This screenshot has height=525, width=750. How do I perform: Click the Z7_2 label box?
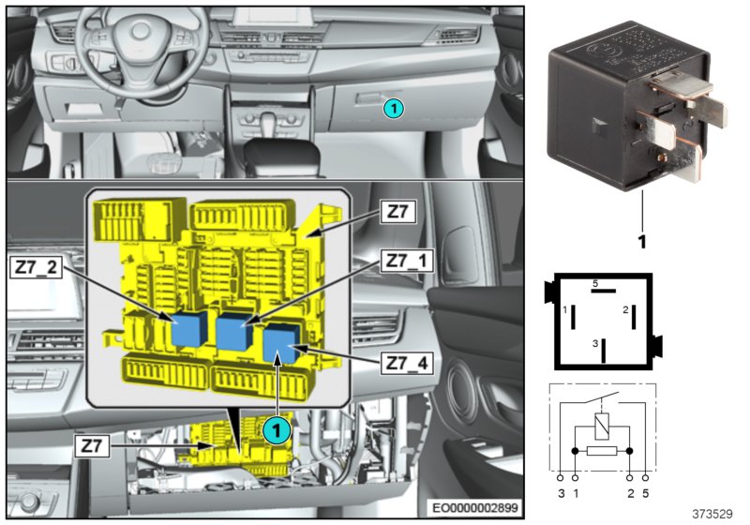point(36,267)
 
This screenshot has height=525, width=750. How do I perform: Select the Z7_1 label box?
point(407,261)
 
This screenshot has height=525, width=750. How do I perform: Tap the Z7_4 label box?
point(407,364)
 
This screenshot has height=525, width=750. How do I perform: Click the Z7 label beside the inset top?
point(397,211)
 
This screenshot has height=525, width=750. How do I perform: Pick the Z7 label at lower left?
point(92,446)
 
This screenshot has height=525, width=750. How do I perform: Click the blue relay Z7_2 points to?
point(189,327)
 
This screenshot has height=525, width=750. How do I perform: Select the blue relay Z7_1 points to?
point(234,331)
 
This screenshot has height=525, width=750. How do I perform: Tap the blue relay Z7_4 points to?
point(281,342)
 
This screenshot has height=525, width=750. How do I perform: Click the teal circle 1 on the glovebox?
point(394,109)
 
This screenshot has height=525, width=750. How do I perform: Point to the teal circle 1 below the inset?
point(277,430)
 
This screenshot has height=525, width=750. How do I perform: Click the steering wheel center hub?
point(141,32)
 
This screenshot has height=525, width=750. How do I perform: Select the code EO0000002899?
point(474,507)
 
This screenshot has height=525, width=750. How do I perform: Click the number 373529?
point(712,515)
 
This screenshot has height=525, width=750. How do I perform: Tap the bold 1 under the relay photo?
point(642,241)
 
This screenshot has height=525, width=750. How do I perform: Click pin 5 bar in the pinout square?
point(603,291)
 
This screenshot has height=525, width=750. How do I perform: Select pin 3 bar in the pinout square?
point(604,351)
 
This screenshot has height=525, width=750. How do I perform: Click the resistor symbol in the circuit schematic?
point(602,451)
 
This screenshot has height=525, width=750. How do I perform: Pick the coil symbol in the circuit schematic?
point(602,427)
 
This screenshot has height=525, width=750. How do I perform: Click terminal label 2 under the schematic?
point(630,493)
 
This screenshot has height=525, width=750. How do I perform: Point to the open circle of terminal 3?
point(560,478)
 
